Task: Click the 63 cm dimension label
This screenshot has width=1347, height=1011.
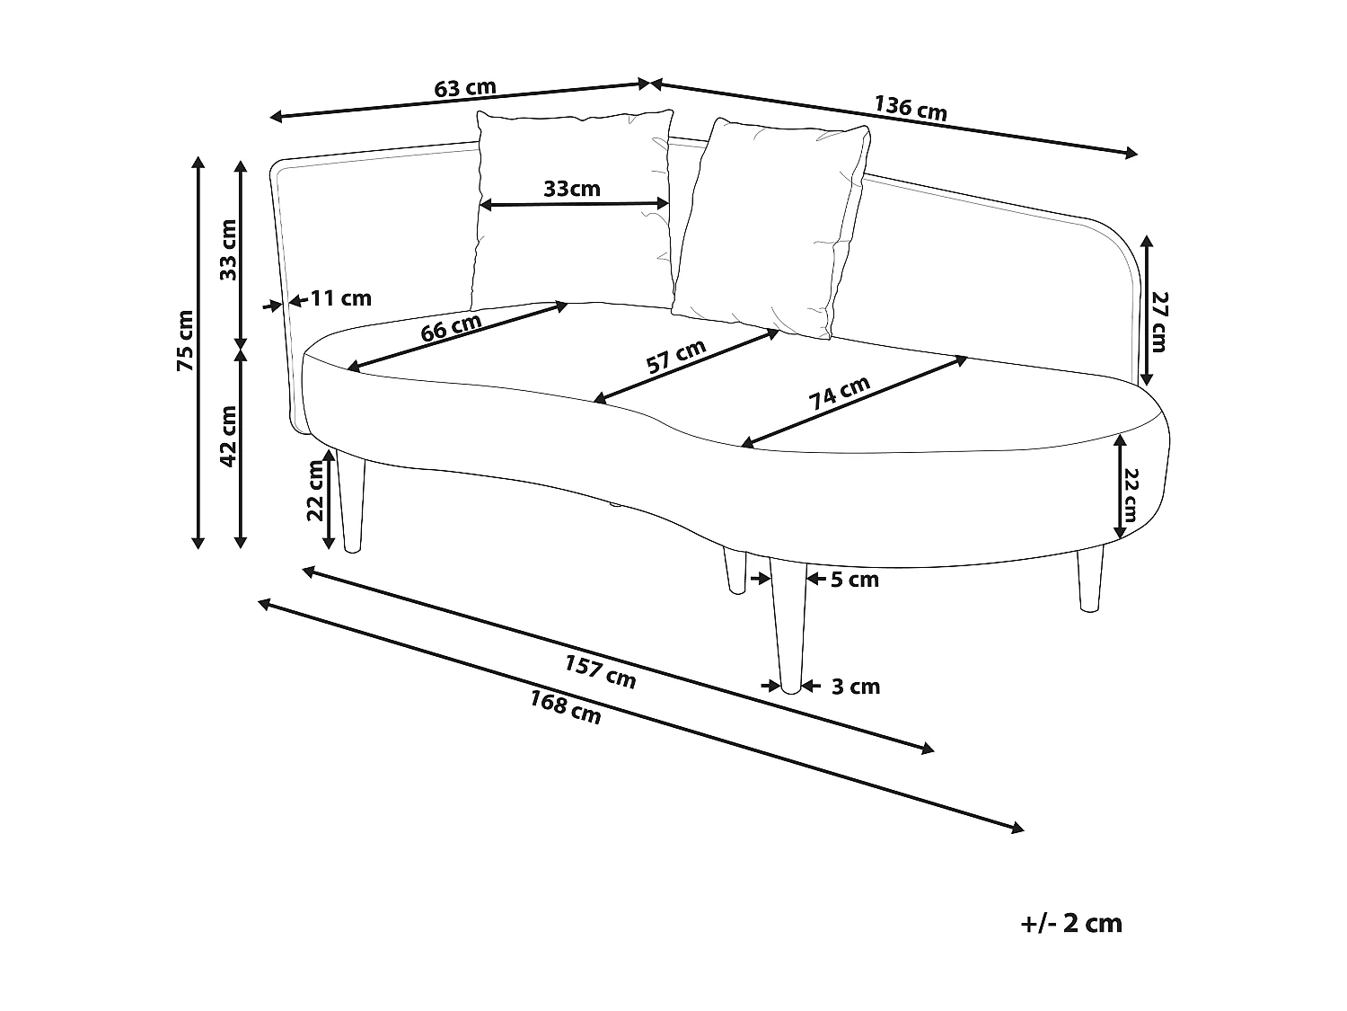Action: [x=464, y=88]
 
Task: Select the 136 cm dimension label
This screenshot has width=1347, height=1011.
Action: [x=910, y=108]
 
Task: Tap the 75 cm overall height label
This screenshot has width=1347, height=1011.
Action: [x=185, y=341]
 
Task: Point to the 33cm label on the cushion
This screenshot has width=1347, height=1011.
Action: [x=572, y=189]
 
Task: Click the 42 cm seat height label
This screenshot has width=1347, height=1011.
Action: [x=228, y=437]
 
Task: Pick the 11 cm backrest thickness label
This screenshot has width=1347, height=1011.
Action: [x=341, y=298]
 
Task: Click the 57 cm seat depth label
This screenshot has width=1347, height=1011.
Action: [x=676, y=356]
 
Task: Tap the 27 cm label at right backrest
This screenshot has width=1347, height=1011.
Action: [x=1158, y=321]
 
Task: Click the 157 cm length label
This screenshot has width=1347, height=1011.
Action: [x=600, y=671]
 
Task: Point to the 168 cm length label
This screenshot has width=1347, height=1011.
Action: [x=565, y=707]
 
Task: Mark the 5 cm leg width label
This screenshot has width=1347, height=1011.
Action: [x=854, y=580]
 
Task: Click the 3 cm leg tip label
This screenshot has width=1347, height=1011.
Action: [x=855, y=687]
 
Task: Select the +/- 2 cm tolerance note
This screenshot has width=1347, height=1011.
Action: [x=1071, y=923]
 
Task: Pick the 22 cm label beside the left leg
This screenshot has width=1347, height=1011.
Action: [x=315, y=491]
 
